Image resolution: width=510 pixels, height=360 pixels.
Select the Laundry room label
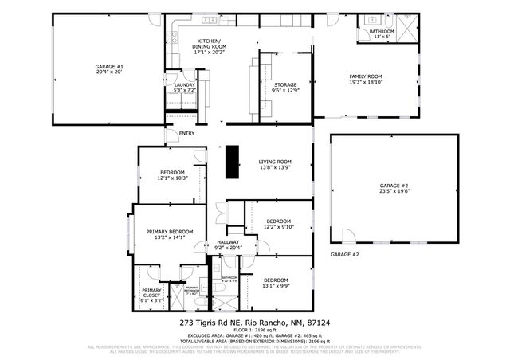click(x=185, y=88)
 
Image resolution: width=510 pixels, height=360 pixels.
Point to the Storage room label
click(x=284, y=88)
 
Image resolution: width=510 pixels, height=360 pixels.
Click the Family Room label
click(x=367, y=79)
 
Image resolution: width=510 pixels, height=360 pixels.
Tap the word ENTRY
click(x=186, y=133)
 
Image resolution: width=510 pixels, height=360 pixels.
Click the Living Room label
click(x=275, y=164)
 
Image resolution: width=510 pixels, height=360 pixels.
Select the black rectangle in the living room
click(x=233, y=162)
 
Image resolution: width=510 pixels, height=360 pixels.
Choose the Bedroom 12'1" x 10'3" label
click(x=172, y=175)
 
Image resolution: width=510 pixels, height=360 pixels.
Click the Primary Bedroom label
click(x=170, y=234)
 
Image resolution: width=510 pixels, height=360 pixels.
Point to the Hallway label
click(x=228, y=245)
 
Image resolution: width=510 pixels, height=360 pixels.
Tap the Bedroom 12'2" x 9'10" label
click(x=278, y=224)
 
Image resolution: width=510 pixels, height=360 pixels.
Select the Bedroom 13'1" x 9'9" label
click(x=275, y=283)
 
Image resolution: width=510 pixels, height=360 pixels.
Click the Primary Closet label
click(x=151, y=295)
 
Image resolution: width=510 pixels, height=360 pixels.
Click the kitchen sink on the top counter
click(x=210, y=19)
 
